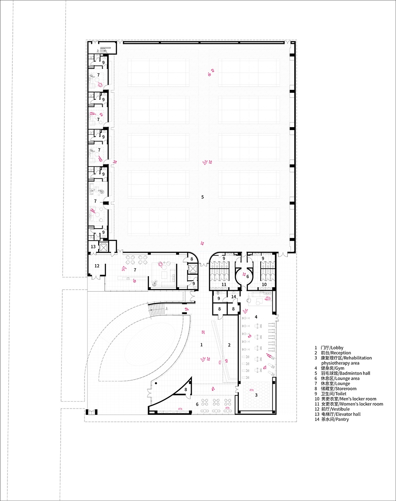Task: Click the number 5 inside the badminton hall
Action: click(x=203, y=197)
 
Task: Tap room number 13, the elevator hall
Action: click(x=93, y=246)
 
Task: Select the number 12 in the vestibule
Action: click(x=97, y=266)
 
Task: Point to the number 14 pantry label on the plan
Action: click(x=233, y=296)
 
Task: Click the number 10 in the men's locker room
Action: click(x=264, y=284)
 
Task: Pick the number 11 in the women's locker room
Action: click(x=224, y=284)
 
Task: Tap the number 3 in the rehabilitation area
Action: click(x=257, y=395)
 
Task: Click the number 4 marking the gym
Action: click(x=256, y=317)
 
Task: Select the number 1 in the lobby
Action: click(x=201, y=345)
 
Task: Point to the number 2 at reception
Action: click(x=229, y=345)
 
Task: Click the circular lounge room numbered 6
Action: click(x=243, y=276)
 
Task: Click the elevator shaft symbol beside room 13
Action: click(x=102, y=247)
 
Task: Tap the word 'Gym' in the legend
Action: click(x=339, y=368)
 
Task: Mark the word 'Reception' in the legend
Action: click(x=341, y=353)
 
